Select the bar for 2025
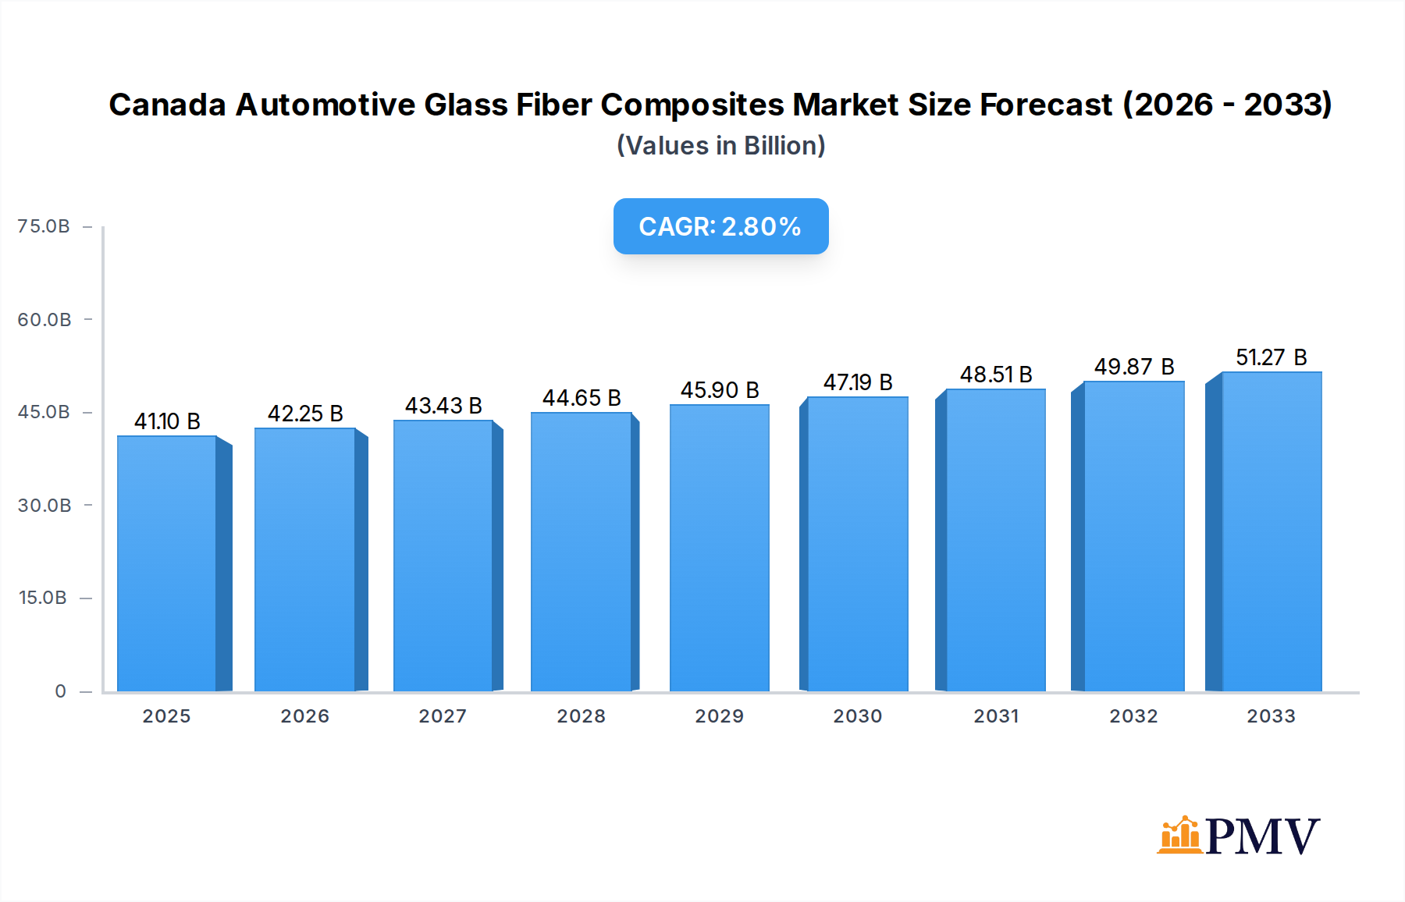tap(167, 563)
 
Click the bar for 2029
tap(719, 548)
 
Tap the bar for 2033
tap(1271, 531)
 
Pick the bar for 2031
tap(995, 540)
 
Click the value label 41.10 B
tap(167, 421)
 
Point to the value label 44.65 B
tap(582, 398)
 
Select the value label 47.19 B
tap(858, 382)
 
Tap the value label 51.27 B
tap(1271, 357)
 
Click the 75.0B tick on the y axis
tap(44, 226)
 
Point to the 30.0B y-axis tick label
tap(44, 506)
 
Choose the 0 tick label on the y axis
tap(61, 691)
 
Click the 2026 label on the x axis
tap(304, 716)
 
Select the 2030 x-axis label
tap(857, 716)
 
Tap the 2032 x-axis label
tap(1133, 716)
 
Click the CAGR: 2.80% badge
tap(720, 226)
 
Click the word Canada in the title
tap(167, 105)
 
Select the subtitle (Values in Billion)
tap(720, 146)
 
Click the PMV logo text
tap(1262, 836)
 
